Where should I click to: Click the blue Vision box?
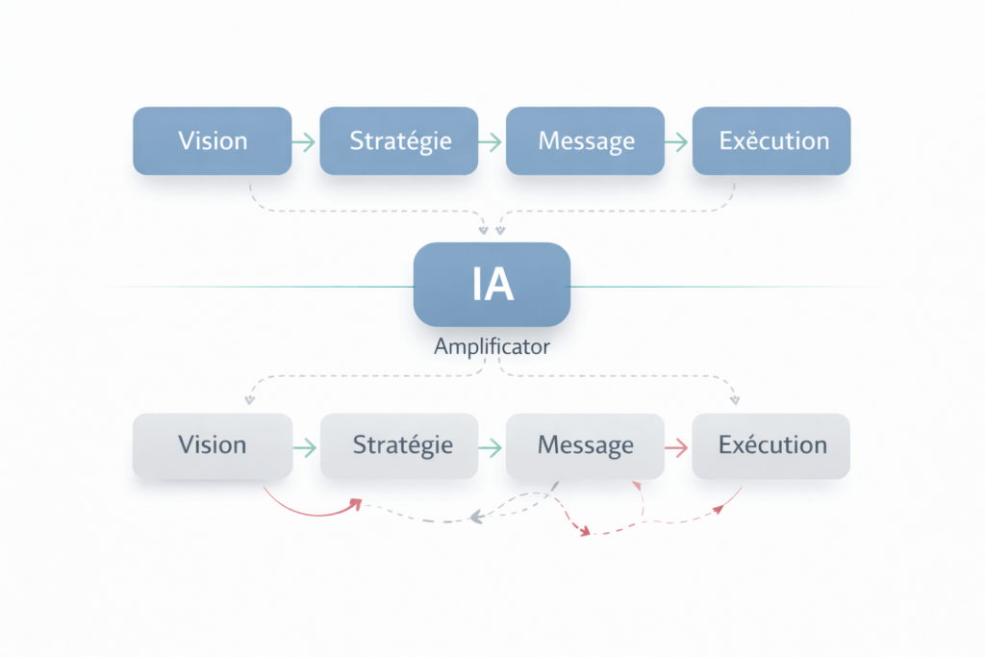click(x=212, y=140)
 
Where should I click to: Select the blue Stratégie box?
click(x=399, y=140)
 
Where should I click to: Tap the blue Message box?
click(x=586, y=140)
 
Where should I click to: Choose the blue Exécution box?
click(x=771, y=140)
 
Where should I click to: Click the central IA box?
click(x=492, y=285)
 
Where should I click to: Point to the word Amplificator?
click(x=492, y=347)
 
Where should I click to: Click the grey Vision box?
click(x=212, y=445)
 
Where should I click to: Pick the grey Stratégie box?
click(x=399, y=445)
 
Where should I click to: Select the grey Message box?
click(x=586, y=445)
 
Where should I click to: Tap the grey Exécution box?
click(x=771, y=445)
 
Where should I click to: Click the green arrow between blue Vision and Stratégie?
click(x=305, y=141)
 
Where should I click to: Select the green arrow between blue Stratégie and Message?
click(x=492, y=141)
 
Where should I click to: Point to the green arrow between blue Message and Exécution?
click(x=678, y=141)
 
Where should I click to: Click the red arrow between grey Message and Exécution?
click(x=677, y=446)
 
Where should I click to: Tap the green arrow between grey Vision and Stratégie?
click(x=305, y=446)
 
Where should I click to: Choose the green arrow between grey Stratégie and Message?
click(x=492, y=446)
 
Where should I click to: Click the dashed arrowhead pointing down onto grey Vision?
click(x=249, y=398)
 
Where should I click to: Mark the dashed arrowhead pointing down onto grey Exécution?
click(x=736, y=397)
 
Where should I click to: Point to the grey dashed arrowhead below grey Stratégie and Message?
click(x=474, y=518)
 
